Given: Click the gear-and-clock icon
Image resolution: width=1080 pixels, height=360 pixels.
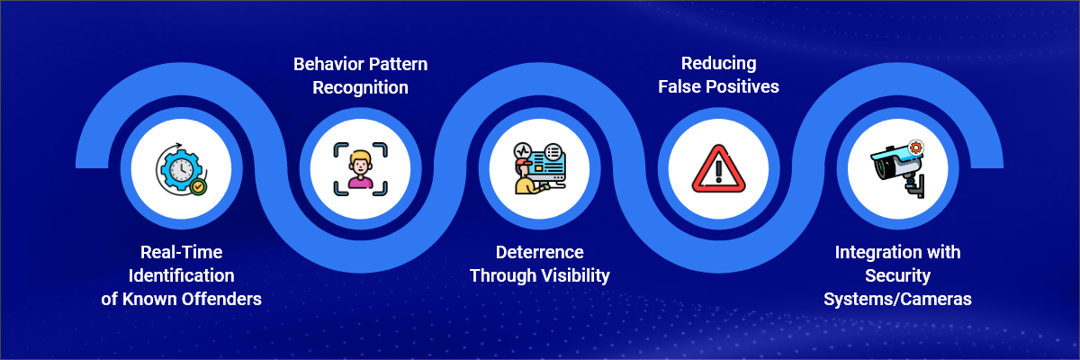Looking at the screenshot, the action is [181, 169].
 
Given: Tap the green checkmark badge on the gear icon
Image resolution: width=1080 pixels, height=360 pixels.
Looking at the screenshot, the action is [198, 186].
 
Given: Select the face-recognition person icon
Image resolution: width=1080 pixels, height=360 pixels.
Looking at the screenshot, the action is [360, 169].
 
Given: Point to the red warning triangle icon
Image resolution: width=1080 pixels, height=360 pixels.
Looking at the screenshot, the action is [719, 168].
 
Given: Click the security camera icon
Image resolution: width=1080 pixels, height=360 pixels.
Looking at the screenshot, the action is [898, 169].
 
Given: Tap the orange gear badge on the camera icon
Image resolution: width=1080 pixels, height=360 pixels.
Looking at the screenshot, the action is [915, 148].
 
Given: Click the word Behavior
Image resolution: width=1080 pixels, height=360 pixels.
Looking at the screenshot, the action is [328, 64].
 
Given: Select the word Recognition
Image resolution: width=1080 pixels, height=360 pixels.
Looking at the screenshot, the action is [360, 87].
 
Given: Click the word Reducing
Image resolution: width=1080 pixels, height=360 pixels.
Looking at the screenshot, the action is [719, 63].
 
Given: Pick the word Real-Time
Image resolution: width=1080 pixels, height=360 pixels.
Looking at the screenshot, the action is [181, 252].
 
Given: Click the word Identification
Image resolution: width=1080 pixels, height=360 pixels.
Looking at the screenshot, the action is [181, 275].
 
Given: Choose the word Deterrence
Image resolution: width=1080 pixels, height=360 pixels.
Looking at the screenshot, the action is [539, 252].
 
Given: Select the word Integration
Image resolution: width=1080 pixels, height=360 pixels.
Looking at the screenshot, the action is [874, 252].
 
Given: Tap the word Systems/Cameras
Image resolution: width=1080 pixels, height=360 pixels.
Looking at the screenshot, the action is [898, 300].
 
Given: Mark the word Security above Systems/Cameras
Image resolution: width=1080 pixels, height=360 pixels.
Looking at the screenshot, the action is [898, 275].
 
